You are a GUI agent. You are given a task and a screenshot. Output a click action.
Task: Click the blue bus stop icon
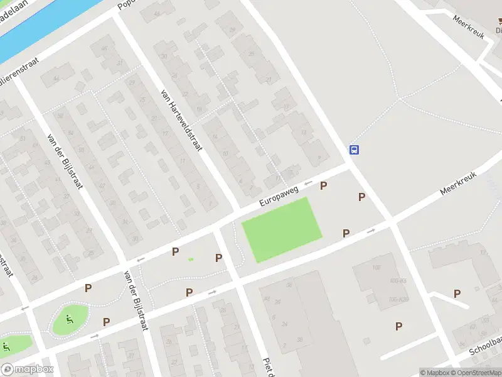point(354,150)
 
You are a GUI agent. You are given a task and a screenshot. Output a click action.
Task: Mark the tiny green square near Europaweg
point(191,260)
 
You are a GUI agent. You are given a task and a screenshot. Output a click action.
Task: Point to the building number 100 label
point(376,268)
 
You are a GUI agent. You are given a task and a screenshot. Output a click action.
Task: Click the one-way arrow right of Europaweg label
point(307,183)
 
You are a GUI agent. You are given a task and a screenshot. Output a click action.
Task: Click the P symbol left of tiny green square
point(175,251)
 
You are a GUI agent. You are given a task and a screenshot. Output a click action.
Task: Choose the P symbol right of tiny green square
point(218,258)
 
